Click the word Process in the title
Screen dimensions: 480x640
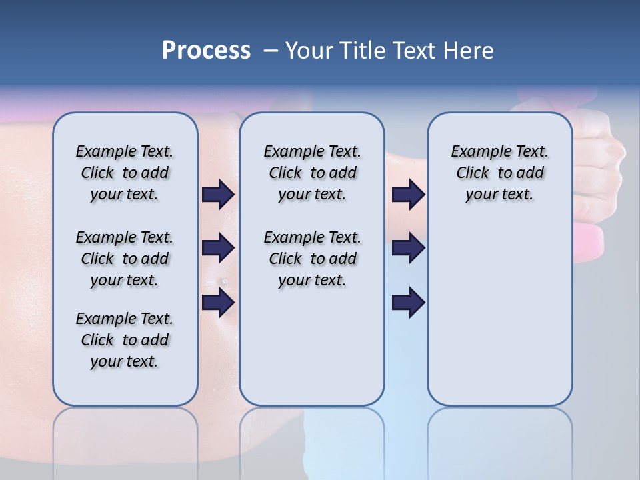[x=206, y=51]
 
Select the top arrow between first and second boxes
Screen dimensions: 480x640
[x=218, y=194]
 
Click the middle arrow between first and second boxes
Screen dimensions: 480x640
[x=218, y=248]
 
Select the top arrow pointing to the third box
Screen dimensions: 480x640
[x=408, y=194]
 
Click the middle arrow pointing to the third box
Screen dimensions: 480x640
[x=408, y=248]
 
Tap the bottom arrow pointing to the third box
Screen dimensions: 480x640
[x=408, y=303]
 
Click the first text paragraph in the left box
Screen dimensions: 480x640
[x=125, y=173]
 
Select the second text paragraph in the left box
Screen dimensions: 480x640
[x=125, y=259]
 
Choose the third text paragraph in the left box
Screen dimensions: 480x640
[x=125, y=340]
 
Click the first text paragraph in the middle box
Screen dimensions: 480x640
[x=312, y=173]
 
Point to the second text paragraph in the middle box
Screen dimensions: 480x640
[x=312, y=259]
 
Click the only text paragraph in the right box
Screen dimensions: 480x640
[x=499, y=173]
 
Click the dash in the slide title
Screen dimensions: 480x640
[x=271, y=51]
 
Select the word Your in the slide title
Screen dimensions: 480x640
[x=307, y=51]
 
